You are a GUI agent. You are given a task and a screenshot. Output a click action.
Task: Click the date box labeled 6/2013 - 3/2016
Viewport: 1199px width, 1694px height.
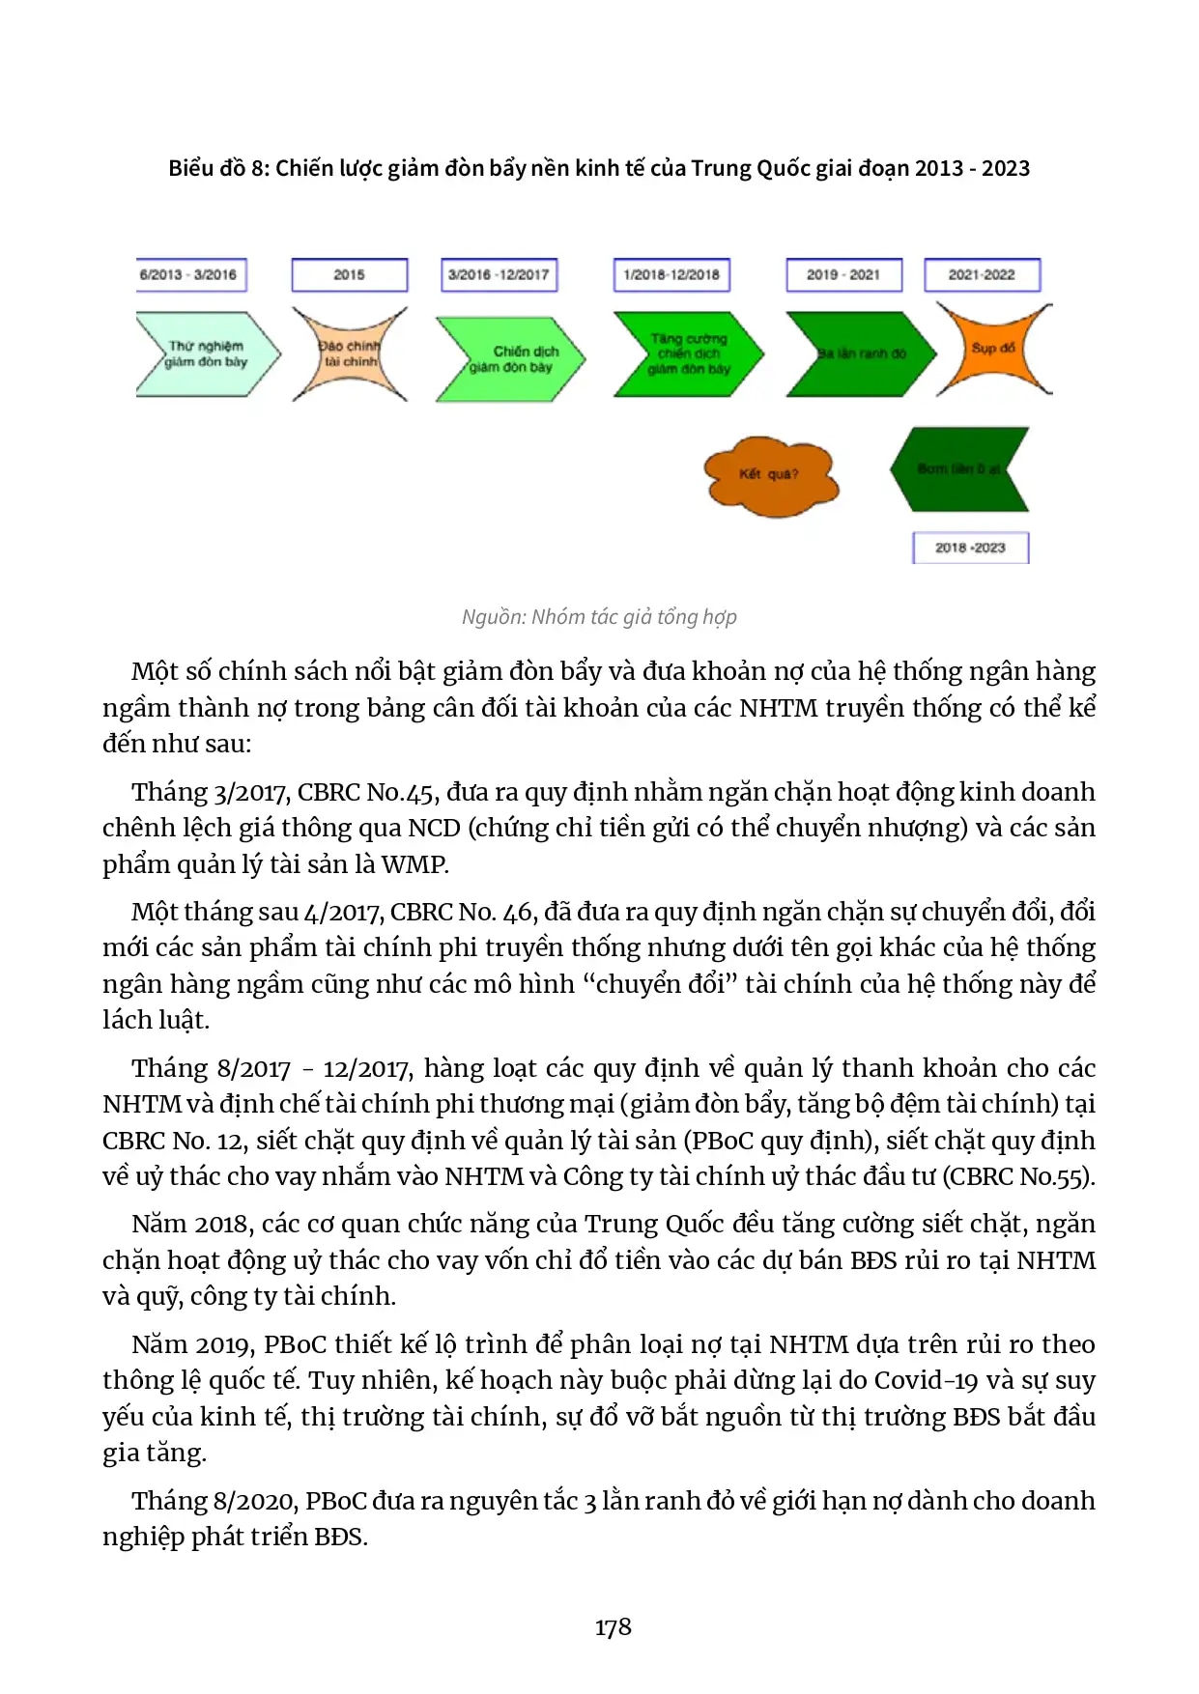coord(191,275)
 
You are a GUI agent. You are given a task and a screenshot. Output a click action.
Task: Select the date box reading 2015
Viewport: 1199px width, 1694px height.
coord(349,275)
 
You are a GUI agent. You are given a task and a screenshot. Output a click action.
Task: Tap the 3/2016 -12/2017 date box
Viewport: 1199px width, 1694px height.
coord(499,275)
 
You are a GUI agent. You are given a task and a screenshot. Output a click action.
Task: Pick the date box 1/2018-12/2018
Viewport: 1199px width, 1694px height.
coord(671,275)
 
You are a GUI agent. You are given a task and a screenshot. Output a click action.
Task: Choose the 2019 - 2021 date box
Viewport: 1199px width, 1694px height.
coord(843,275)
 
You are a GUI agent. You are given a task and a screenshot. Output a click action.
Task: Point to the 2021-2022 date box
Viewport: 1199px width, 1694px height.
coord(982,275)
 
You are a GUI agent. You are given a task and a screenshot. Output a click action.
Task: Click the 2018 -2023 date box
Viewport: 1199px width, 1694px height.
coord(970,548)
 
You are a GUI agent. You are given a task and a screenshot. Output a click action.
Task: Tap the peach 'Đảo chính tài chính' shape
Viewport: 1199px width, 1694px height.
coord(350,353)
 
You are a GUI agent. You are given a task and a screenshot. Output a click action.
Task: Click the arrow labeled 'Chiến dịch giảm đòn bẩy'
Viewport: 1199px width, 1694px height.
coord(511,358)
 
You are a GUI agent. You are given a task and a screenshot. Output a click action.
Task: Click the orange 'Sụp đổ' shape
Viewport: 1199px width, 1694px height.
coord(993,349)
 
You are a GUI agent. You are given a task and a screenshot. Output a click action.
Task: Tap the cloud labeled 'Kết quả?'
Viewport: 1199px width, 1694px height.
coord(769,474)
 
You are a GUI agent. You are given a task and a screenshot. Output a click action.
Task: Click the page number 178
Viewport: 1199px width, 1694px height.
coord(613,1627)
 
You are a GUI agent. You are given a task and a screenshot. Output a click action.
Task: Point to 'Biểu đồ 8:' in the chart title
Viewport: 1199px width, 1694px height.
coord(218,168)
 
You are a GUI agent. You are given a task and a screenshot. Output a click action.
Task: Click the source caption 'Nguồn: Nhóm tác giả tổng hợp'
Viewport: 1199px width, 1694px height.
coord(599,617)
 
